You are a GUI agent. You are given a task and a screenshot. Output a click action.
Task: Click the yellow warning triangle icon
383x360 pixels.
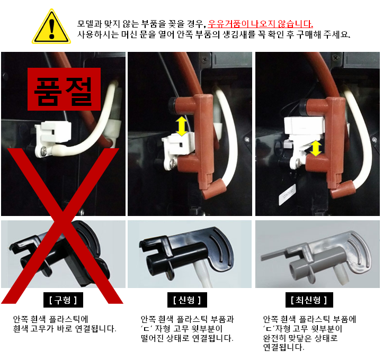point(51,27)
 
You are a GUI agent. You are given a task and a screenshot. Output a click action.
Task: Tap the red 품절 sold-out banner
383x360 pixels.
point(64,89)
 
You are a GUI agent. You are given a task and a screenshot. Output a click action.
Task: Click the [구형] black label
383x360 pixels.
point(63,300)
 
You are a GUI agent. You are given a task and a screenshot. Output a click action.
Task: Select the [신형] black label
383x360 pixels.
point(187,300)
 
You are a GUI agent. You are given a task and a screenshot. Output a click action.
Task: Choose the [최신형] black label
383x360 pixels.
point(309,300)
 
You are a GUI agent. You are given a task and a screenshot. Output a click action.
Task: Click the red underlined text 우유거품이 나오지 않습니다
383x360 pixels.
point(261,24)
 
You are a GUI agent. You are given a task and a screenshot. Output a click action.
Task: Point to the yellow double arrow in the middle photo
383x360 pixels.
point(182,127)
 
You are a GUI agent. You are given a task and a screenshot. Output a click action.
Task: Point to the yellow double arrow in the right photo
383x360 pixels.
point(316,148)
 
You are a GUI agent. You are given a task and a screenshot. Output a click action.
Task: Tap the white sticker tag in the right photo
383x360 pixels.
point(287,194)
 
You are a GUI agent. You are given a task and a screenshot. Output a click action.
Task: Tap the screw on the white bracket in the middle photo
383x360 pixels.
point(173,163)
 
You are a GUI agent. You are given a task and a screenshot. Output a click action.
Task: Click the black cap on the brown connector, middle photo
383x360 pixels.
point(173,105)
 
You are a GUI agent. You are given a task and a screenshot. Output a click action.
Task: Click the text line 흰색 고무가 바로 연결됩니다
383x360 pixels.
point(65,329)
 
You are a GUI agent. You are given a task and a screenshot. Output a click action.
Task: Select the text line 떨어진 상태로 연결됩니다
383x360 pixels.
point(187,338)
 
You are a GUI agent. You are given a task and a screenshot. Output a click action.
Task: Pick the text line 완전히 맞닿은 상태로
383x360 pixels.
point(300,338)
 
